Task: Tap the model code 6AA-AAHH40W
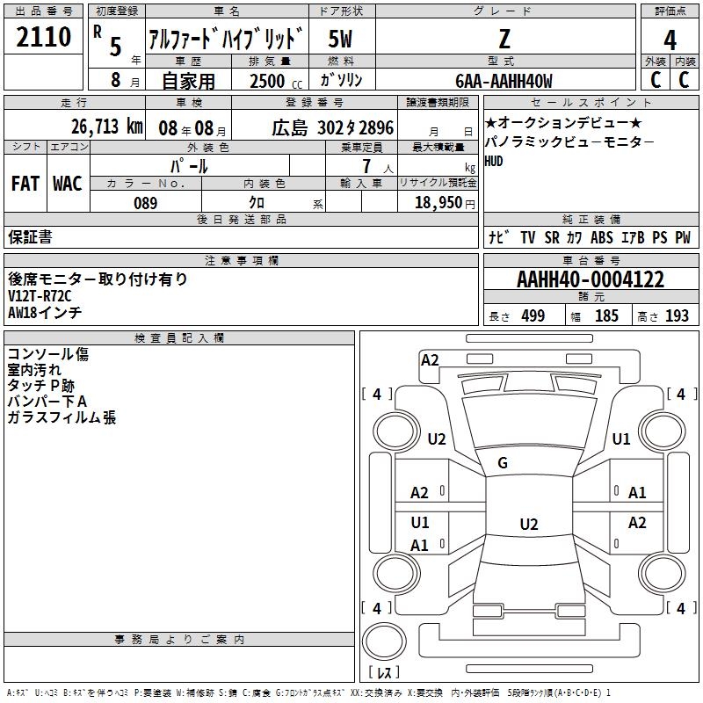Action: coord(504,81)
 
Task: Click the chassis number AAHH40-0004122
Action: coord(591,280)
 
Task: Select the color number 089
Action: coord(146,203)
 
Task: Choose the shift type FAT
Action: coord(25,184)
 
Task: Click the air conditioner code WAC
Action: coord(68,184)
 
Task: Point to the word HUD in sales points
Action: coord(495,161)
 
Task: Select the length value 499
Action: coord(533,316)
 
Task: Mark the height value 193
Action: coord(678,316)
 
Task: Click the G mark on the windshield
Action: coord(503,463)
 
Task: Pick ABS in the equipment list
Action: coord(602,237)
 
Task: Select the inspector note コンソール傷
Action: coord(47,354)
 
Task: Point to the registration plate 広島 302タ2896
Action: coord(320,127)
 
